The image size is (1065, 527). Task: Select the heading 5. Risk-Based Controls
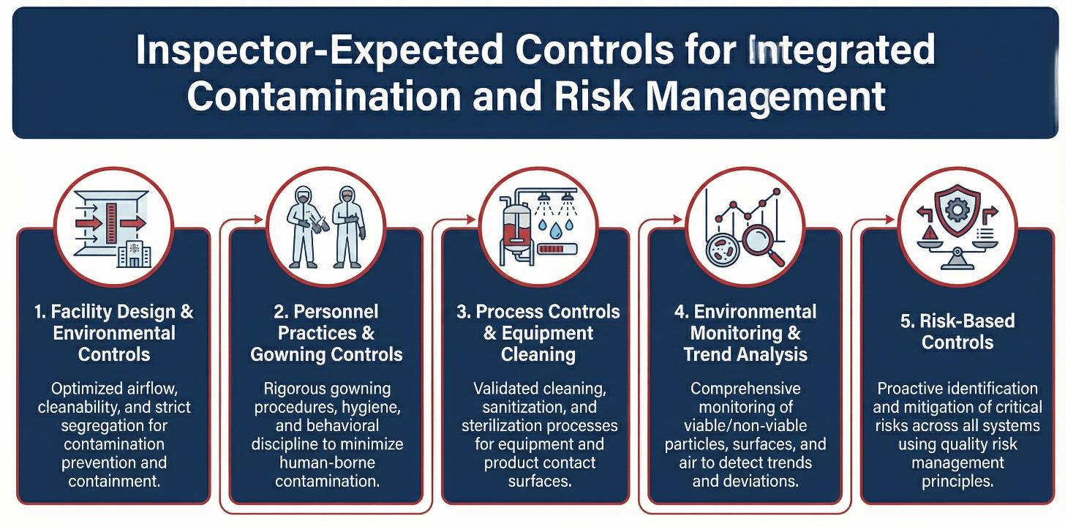click(957, 332)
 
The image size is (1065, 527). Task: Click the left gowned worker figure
click(302, 228)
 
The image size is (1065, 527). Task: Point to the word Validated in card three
click(505, 388)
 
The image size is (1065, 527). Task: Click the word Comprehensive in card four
click(745, 388)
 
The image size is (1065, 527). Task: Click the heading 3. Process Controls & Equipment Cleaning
click(538, 333)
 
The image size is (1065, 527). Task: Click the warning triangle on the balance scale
click(928, 233)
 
